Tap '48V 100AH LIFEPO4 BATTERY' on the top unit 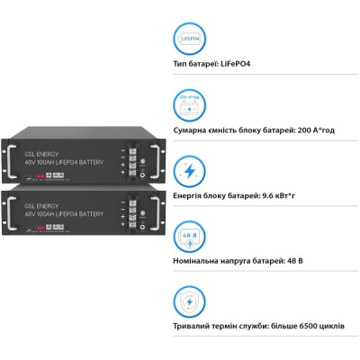pos(64,162)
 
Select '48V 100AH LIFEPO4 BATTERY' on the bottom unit pos(64,215)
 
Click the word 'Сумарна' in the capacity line pos(193,130)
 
